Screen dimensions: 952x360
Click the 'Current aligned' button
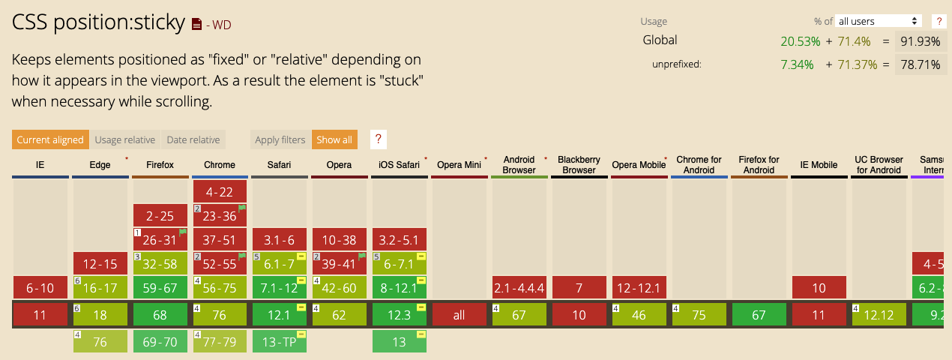(x=50, y=139)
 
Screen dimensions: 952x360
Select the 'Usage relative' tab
(x=125, y=139)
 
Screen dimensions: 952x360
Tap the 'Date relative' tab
(x=193, y=139)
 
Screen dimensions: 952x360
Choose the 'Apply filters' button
(x=280, y=139)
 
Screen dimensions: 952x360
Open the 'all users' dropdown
(x=878, y=21)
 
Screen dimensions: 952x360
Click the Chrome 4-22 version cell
(x=220, y=191)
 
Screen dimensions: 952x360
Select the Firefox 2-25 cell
(x=160, y=215)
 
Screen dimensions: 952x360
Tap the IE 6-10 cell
(x=40, y=288)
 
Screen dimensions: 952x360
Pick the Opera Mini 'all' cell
(x=459, y=314)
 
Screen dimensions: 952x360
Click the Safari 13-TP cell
(x=279, y=342)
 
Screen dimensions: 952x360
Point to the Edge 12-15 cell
(x=100, y=263)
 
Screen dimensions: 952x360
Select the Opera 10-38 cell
(x=339, y=240)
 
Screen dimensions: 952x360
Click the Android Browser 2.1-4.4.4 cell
(x=519, y=288)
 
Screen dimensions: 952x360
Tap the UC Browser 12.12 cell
(x=879, y=314)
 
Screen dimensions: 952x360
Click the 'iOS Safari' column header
(x=399, y=164)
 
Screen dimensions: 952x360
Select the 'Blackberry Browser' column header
(x=579, y=164)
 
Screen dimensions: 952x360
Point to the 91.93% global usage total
(x=921, y=41)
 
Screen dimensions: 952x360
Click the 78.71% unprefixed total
(x=921, y=64)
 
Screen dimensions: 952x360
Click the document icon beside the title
(x=196, y=24)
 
